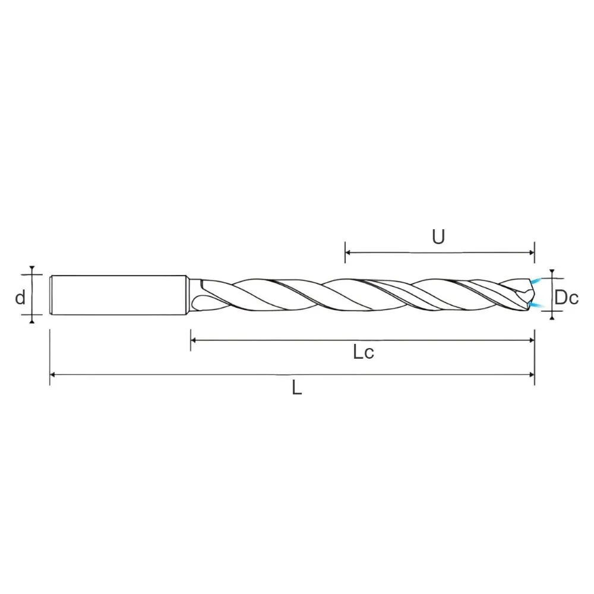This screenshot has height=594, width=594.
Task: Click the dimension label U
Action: tap(438, 237)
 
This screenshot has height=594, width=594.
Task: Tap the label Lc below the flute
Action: tap(364, 352)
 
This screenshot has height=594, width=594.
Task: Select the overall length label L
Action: tap(296, 387)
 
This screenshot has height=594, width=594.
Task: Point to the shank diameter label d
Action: tap(20, 297)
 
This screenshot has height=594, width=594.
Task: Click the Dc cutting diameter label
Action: tap(566, 297)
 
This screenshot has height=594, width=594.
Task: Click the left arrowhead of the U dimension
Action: tap(348, 252)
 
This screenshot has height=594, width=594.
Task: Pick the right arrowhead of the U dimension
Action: tap(531, 252)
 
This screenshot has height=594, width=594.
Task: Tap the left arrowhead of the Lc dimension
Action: tap(194, 340)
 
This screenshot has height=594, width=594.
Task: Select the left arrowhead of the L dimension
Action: tap(53, 375)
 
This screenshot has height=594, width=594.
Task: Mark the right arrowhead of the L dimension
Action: tap(531, 375)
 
